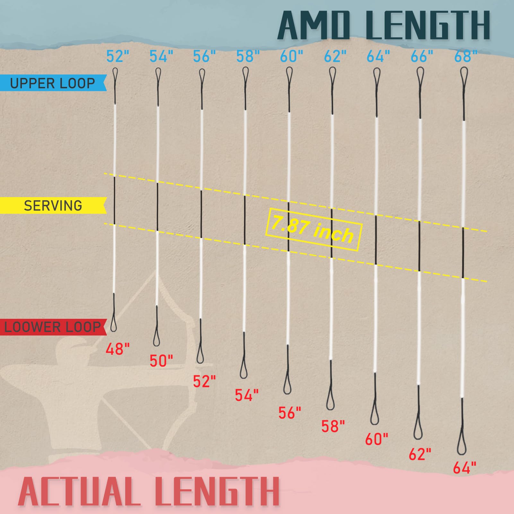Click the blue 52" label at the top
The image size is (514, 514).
coord(118,57)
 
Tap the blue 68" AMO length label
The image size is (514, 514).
coord(466,57)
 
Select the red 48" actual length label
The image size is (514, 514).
coord(118,349)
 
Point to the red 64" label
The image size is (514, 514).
coord(465,468)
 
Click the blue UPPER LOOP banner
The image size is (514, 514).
coord(53,83)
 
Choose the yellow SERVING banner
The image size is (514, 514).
coord(53,205)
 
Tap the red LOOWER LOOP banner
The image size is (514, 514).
coord(53,327)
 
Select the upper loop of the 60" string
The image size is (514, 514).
coord(289,75)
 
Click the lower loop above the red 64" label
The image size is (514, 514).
coord(462,442)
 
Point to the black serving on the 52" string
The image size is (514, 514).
coord(115,200)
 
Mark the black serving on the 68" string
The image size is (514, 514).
coord(463,252)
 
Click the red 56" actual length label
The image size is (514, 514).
coord(290,413)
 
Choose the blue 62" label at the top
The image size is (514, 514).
coord(335,57)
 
